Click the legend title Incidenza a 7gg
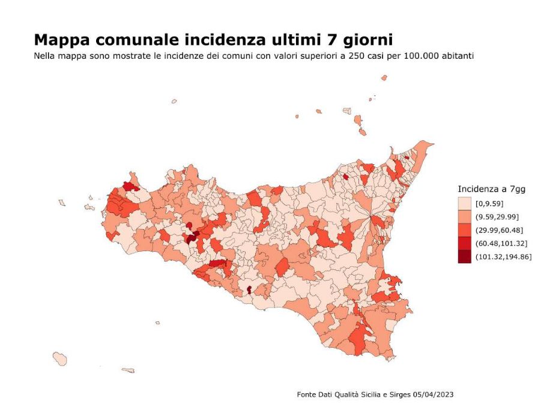click(491, 189)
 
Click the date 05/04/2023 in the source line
click(433, 394)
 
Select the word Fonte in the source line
click(307, 394)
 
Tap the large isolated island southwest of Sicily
click(59, 358)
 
